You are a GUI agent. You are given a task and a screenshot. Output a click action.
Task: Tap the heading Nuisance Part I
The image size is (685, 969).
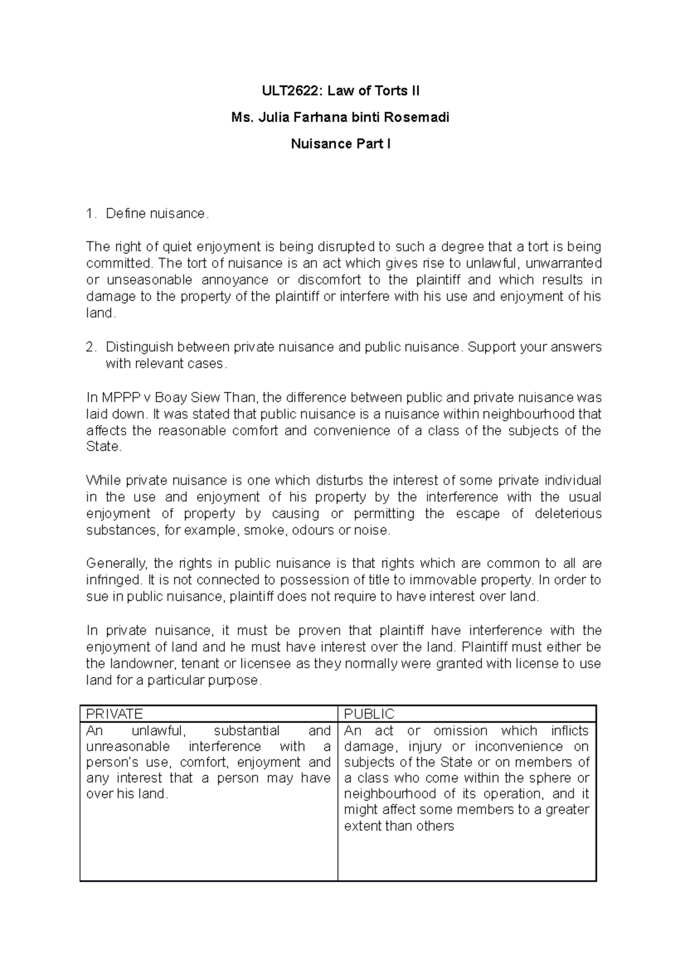pos(341,144)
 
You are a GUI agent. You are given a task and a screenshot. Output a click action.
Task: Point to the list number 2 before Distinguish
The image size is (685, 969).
pos(89,347)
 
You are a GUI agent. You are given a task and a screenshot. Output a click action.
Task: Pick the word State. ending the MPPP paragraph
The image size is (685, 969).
pos(103,447)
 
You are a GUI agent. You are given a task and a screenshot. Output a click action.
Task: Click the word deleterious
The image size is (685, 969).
pos(568,514)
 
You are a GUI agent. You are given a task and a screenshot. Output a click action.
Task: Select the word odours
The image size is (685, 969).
pos(313,530)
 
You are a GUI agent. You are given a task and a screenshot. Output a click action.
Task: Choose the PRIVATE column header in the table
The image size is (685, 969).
pos(114,714)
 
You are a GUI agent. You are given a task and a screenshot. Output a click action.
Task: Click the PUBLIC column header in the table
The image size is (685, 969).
pos(369,714)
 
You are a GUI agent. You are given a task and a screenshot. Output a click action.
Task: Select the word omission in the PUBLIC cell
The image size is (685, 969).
pos(461,730)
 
